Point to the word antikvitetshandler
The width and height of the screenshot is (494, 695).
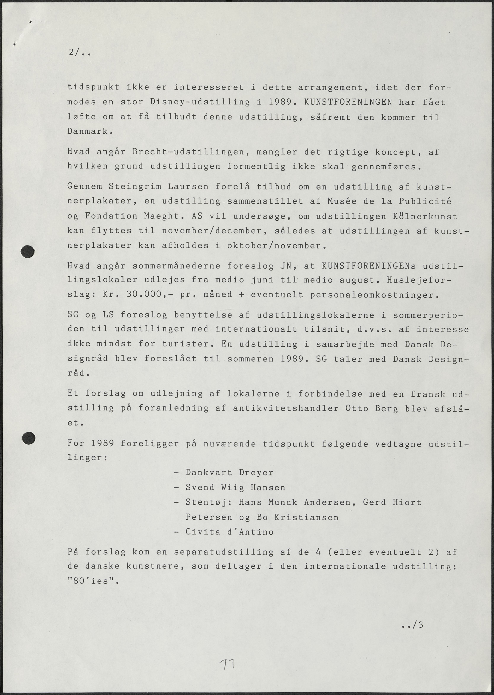pyautogui.click(x=286, y=408)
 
